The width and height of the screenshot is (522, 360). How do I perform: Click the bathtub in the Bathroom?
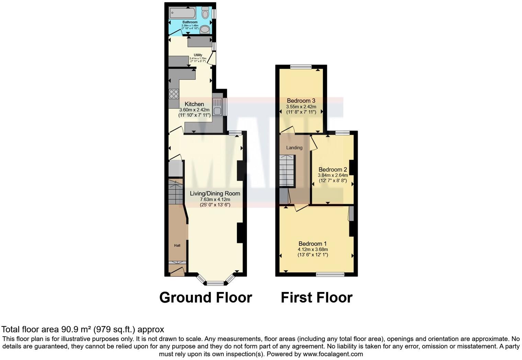pyautogui.click(x=182, y=13)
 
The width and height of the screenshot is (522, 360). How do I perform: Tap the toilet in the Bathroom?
pyautogui.click(x=205, y=13)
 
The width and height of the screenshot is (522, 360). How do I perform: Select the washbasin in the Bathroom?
pyautogui.click(x=205, y=30)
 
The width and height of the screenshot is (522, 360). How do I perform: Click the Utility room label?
pyautogui.click(x=198, y=55)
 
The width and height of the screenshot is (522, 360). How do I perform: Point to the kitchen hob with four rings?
pyautogui.click(x=174, y=94)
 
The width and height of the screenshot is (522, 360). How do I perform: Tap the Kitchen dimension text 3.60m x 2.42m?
pyautogui.click(x=194, y=110)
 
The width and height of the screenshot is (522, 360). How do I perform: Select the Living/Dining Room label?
pyautogui.click(x=215, y=193)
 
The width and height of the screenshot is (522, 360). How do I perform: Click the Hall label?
pyautogui.click(x=177, y=246)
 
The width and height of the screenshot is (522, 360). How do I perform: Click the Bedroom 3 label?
pyautogui.click(x=301, y=101)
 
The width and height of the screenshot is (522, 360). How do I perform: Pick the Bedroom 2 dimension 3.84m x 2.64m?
pyautogui.click(x=332, y=175)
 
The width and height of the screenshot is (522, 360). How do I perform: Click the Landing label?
pyautogui.click(x=294, y=148)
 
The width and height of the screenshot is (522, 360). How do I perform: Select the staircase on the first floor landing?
pyautogui.click(x=287, y=171)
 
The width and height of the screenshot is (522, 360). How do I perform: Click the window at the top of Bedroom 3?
pyautogui.click(x=300, y=67)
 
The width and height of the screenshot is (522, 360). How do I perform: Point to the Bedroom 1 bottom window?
pyautogui.click(x=330, y=274)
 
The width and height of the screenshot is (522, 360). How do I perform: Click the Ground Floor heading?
pyautogui.click(x=206, y=297)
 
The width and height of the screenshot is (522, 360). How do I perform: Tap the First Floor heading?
pyautogui.click(x=317, y=297)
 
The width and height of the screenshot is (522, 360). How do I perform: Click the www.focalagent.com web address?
pyautogui.click(x=333, y=354)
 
